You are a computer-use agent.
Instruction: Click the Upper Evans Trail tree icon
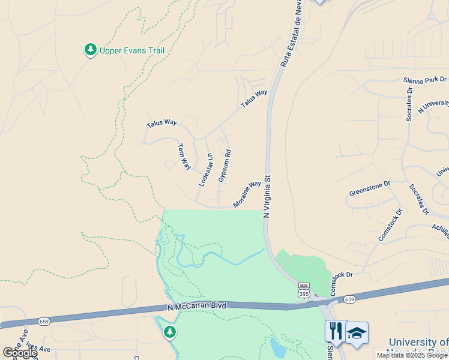(x=91, y=50)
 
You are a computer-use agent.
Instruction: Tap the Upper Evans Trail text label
(x=132, y=51)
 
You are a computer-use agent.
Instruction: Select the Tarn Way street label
(x=184, y=157)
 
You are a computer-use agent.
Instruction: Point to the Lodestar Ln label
(x=206, y=170)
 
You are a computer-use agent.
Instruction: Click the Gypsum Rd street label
(x=224, y=166)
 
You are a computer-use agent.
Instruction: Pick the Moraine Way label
(x=247, y=194)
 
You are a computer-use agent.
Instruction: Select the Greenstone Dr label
(x=370, y=188)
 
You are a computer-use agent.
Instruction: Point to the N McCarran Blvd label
(x=197, y=307)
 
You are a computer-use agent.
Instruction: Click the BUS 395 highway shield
(x=304, y=290)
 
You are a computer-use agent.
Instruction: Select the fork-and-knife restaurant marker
(x=335, y=331)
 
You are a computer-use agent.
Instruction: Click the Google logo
(x=20, y=353)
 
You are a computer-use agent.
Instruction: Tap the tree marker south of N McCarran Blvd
(x=170, y=331)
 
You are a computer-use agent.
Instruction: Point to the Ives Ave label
(x=38, y=349)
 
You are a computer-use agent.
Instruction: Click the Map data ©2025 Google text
(x=412, y=355)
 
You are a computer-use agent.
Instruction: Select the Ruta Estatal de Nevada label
(x=290, y=33)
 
